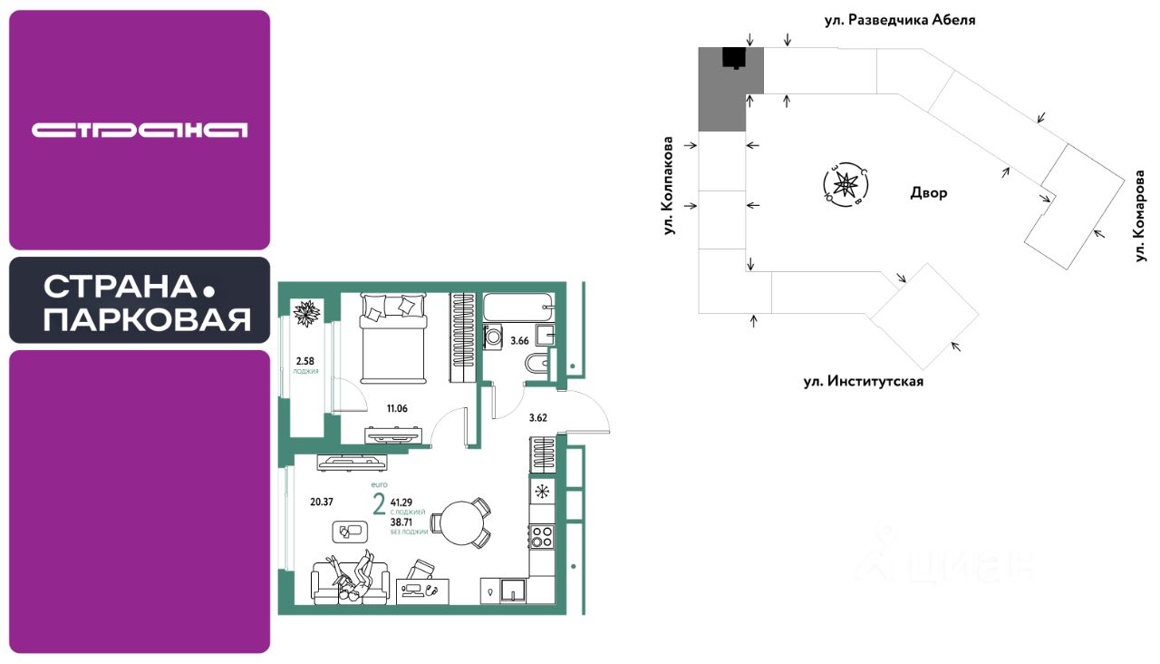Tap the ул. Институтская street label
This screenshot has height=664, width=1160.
(x=863, y=381)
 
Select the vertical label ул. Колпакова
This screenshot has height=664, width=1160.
(x=670, y=187)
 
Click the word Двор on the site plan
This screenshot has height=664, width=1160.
(x=929, y=193)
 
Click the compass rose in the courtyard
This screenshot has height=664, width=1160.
(x=845, y=184)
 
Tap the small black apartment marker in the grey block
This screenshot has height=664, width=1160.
(x=732, y=57)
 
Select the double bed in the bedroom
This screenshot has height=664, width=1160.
(x=392, y=337)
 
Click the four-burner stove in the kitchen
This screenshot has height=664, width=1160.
(x=542, y=536)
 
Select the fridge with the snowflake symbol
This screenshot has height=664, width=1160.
(x=542, y=492)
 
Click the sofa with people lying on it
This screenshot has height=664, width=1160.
(x=350, y=581)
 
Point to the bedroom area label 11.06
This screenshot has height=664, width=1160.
(x=397, y=409)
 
